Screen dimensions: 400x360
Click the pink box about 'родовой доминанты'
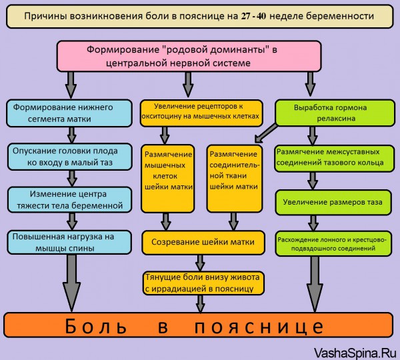coord(189,56)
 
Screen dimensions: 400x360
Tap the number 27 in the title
coord(246,16)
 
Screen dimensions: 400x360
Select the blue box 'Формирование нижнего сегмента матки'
coord(69,113)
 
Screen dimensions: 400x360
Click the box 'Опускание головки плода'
coord(69,157)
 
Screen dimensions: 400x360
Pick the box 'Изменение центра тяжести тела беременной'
coord(69,200)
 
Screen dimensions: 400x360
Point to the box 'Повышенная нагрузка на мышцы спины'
coord(69,243)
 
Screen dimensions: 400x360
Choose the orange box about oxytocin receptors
coord(201,113)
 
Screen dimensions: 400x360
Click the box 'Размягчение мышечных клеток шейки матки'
coord(167,179)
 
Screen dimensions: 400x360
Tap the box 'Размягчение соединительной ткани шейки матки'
coord(235,179)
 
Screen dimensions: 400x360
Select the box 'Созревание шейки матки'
coord(203,243)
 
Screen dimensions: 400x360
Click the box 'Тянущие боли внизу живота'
coord(203,283)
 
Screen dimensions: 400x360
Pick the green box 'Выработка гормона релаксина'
coord(335,113)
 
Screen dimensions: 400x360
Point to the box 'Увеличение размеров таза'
coord(333,202)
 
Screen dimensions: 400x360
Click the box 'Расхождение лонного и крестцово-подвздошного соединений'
coord(333,243)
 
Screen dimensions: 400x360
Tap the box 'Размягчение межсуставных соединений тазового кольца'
coord(334,158)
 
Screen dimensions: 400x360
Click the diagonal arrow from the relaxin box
coord(266,133)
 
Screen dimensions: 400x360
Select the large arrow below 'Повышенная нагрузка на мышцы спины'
coord(72,283)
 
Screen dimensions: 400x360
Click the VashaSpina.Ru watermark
coord(355,353)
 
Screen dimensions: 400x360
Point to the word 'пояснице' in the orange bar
coord(259,326)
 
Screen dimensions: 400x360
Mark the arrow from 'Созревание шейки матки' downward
coord(200,263)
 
